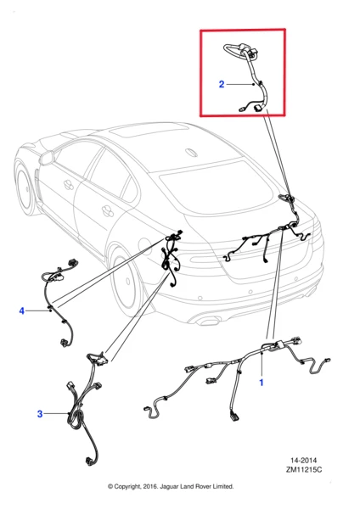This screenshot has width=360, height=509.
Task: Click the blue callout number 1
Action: (262, 383)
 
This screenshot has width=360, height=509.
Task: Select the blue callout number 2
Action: (222, 84)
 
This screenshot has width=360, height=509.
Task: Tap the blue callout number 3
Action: (40, 414)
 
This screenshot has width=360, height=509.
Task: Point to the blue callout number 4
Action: (22, 311)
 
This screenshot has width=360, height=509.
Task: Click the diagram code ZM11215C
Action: (304, 469)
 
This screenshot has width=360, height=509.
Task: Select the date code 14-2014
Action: (304, 461)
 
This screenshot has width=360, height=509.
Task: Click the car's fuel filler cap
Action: (144, 245)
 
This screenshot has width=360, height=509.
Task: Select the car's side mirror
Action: (47, 158)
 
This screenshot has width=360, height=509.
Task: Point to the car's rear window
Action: (216, 187)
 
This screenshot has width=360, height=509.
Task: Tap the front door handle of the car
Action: (68, 185)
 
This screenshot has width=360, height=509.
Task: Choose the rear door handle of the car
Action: (107, 211)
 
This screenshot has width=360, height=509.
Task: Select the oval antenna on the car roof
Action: (191, 153)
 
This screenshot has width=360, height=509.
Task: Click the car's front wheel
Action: (25, 188)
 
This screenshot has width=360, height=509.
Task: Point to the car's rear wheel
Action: (125, 279)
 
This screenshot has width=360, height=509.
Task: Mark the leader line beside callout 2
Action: (239, 84)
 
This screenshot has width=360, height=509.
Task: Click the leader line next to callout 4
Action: (37, 311)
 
